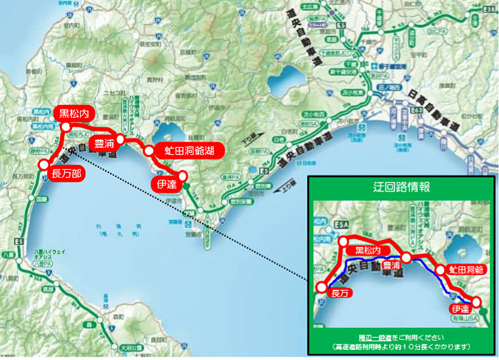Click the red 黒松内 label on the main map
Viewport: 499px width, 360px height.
click(x=74, y=113)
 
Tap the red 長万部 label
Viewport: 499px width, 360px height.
click(x=64, y=172)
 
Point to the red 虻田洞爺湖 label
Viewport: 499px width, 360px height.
click(x=188, y=151)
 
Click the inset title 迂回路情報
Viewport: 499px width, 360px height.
click(x=401, y=187)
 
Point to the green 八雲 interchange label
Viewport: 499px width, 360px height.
click(x=6, y=253)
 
